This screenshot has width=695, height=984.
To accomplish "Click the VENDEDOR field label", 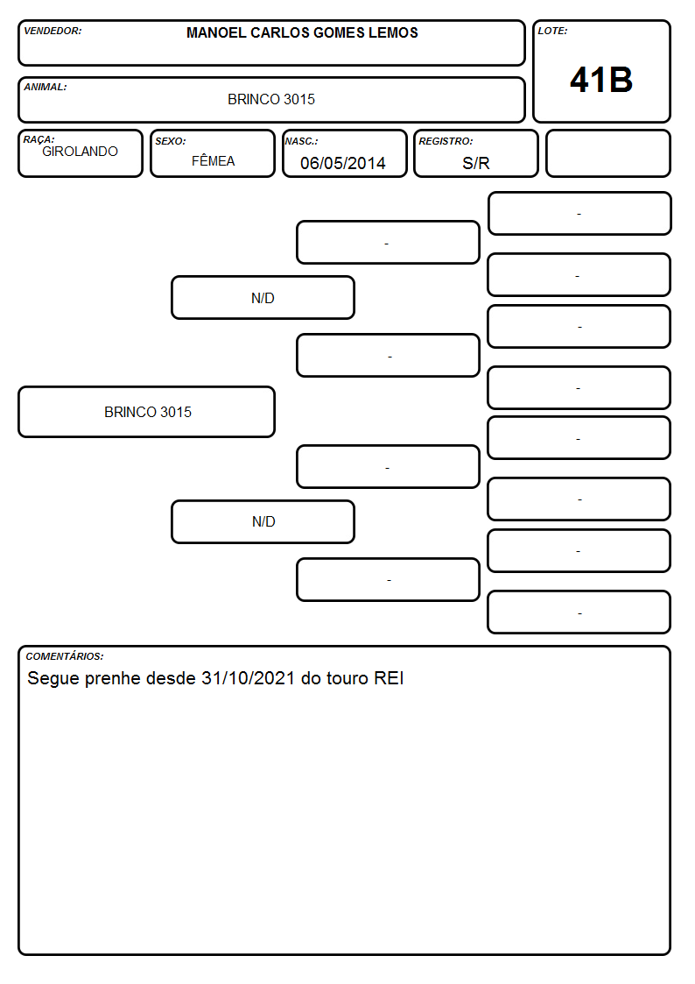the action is coord(53,31).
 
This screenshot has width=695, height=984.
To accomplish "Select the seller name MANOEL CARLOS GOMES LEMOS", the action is coord(302,32).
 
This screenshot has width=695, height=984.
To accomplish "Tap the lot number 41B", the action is coord(601,80).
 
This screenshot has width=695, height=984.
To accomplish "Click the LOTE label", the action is coord(552,31).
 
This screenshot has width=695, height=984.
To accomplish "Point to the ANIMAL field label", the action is coord(46,88).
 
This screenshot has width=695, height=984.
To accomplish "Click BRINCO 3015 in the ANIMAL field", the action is coord(271,99).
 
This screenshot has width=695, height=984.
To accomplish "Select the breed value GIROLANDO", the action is coord(81,152).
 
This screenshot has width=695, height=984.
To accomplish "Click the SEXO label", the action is coord(171,141).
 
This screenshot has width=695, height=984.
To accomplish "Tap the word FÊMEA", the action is coord(213,160).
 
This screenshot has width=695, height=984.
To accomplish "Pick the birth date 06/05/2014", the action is coord(343,163).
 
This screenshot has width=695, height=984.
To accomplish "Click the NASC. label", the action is coord(301,141).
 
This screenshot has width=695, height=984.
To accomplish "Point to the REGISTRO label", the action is coord(446,141).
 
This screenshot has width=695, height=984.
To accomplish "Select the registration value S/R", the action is coord(475,163).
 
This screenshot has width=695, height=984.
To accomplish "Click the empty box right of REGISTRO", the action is coord(607,153).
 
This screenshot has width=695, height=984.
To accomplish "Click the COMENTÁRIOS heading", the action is coord(65,656).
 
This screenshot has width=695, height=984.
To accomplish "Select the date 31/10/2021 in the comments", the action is coord(249,678).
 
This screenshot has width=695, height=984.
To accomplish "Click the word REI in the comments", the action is coord(390,678).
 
